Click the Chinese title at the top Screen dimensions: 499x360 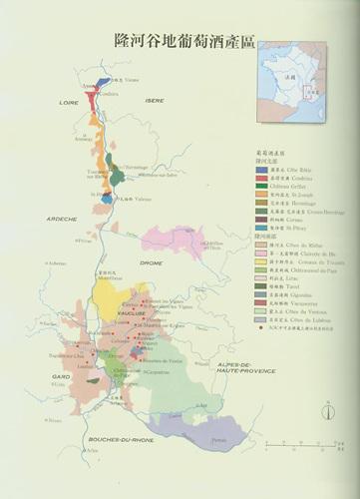tap(180, 40)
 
